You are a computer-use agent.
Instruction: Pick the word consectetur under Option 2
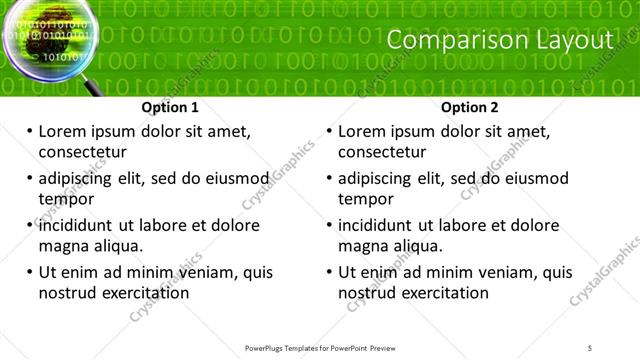(x=382, y=152)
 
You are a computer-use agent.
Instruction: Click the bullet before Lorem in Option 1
(x=29, y=132)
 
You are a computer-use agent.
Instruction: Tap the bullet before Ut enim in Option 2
(x=329, y=272)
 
